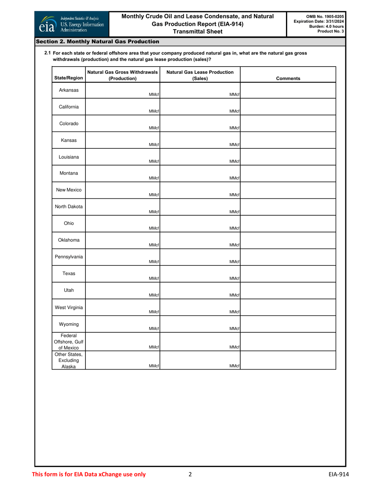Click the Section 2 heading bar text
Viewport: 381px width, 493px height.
coord(97,42)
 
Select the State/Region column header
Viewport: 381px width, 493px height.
coord(69,79)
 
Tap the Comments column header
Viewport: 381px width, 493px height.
coord(288,79)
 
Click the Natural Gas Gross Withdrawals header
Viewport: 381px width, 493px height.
coord(122,75)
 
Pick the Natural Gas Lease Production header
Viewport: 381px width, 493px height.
coord(200,75)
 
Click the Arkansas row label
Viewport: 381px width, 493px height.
coord(69,90)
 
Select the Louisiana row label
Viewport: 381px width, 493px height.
coord(69,157)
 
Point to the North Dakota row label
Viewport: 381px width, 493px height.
coord(69,207)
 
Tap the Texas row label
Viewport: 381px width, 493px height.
coord(69,273)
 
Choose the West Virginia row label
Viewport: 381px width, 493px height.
coord(69,307)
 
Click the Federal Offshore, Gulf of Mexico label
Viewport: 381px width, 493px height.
coord(69,342)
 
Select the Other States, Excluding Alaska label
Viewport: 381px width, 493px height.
coord(69,360)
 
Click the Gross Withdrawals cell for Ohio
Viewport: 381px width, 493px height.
coord(122,224)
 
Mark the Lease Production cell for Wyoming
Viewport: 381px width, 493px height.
coord(200,324)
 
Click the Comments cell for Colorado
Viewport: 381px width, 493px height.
coord(288,124)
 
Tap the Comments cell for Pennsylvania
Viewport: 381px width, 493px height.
coord(288,257)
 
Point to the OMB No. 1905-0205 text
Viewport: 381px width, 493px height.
coord(325,16)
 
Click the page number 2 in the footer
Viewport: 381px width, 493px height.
coord(190,475)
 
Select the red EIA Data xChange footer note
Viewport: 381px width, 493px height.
coord(89,475)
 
